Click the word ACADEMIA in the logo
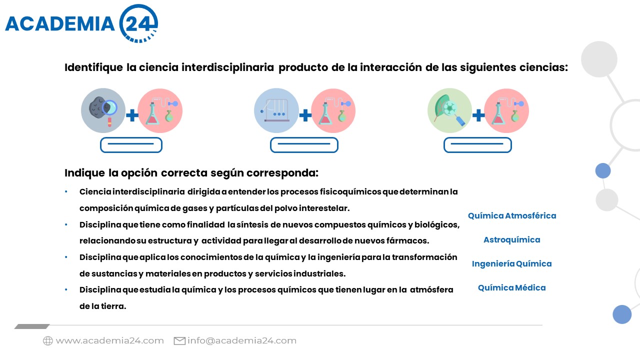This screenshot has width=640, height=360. pyautogui.click(x=60, y=23)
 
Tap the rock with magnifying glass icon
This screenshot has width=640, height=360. pyautogui.click(x=103, y=110)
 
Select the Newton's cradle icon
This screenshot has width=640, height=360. pyautogui.click(x=276, y=110)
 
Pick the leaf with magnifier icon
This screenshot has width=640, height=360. pyautogui.click(x=449, y=110)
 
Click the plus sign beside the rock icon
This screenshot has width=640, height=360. pyautogui.click(x=132, y=115)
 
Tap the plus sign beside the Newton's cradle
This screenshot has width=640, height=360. pyautogui.click(x=305, y=115)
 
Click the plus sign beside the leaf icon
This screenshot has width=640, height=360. pyautogui.click(x=478, y=115)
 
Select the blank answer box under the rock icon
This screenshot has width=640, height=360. pyautogui.click(x=131, y=145)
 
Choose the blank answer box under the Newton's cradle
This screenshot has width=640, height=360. pyautogui.click(x=304, y=145)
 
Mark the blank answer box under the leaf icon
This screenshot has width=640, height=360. pyautogui.click(x=477, y=145)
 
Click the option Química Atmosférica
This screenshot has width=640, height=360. pyautogui.click(x=512, y=215)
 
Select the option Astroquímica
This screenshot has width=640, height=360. pyautogui.click(x=511, y=239)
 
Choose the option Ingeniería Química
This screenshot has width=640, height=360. pyautogui.click(x=511, y=263)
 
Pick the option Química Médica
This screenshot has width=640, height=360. pyautogui.click(x=511, y=287)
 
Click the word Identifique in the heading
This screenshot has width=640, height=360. pyautogui.click(x=93, y=67)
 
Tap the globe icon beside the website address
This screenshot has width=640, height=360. pyautogui.click(x=48, y=341)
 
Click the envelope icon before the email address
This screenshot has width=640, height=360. pyautogui.click(x=179, y=341)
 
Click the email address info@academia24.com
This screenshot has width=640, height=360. pyautogui.click(x=242, y=341)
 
